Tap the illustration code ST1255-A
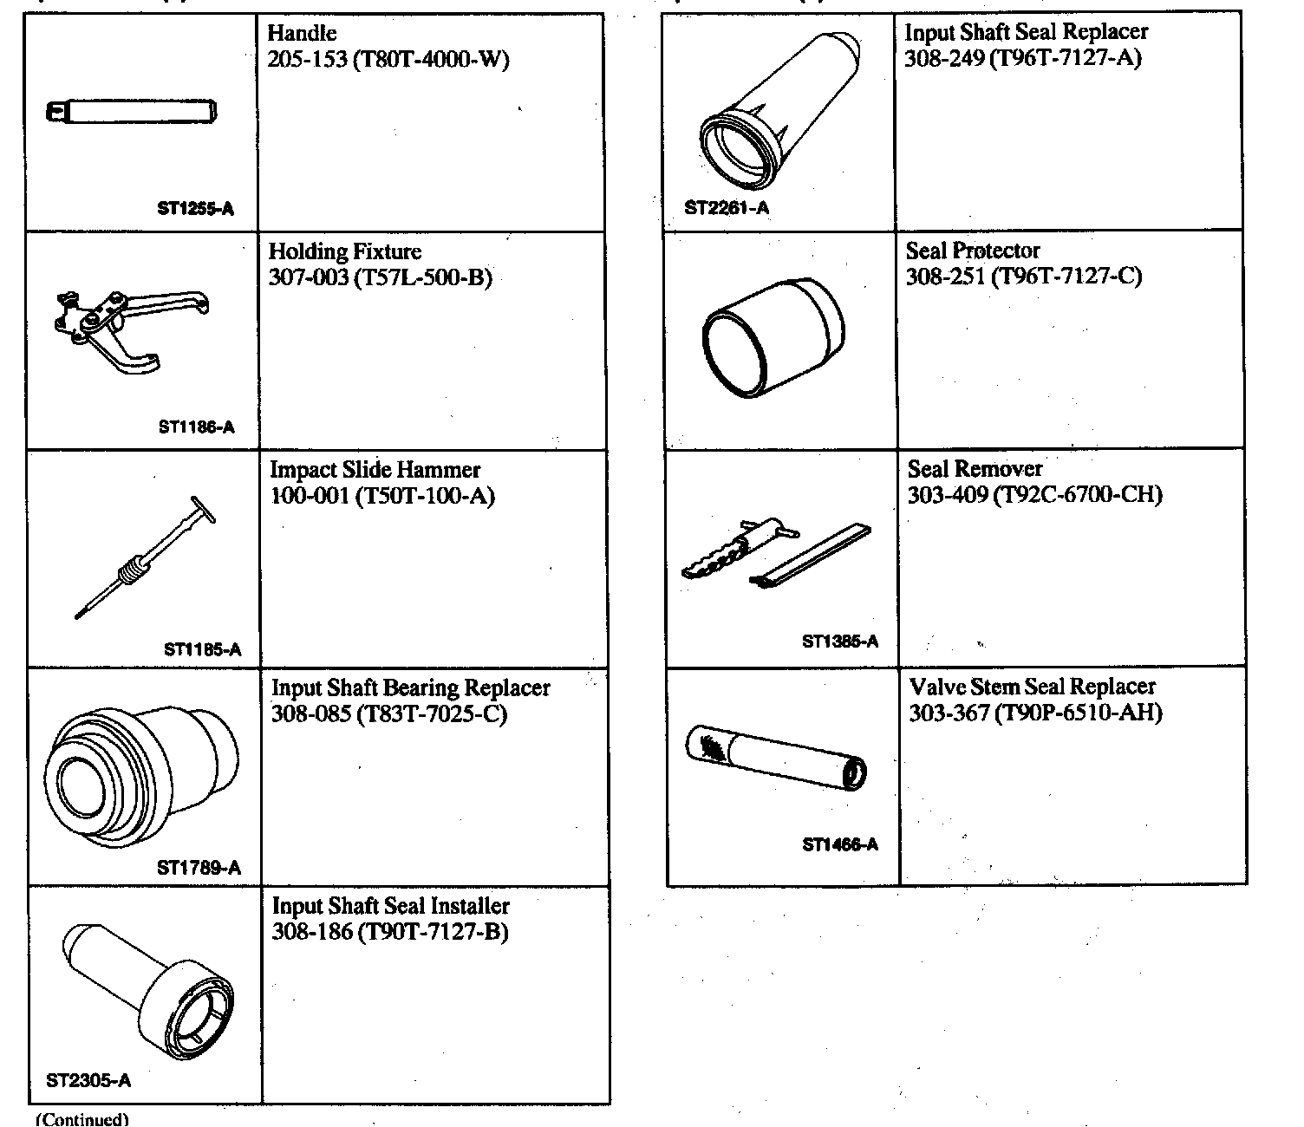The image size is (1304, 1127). (x=196, y=209)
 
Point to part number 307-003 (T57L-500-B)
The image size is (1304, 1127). (x=381, y=277)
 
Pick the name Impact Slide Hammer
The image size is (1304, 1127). (x=375, y=470)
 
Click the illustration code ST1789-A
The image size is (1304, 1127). (x=199, y=868)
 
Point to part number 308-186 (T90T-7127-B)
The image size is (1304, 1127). (x=390, y=932)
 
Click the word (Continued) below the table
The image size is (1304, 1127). (x=81, y=1119)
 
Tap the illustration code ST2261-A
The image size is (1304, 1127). (x=727, y=208)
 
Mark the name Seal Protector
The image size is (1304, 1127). (x=973, y=251)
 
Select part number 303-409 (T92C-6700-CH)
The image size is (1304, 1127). (x=1034, y=495)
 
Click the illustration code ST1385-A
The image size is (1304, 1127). (x=840, y=642)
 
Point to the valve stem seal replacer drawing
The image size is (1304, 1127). (x=776, y=757)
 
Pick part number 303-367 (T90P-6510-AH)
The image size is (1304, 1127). (x=1035, y=713)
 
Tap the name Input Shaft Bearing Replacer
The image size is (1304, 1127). (x=411, y=688)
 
